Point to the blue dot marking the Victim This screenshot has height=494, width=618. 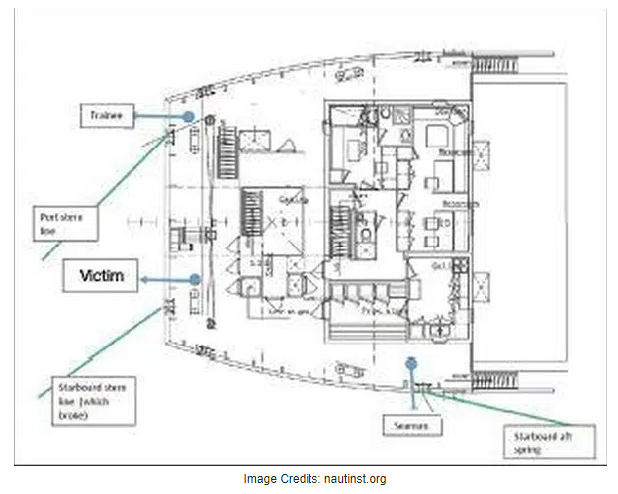click(196, 281)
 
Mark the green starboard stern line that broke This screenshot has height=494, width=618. click(109, 350)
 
